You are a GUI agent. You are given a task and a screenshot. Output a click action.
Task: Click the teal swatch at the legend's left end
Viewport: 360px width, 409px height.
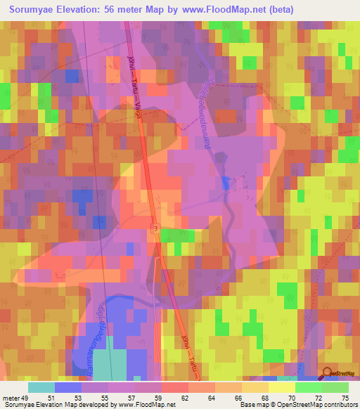41,387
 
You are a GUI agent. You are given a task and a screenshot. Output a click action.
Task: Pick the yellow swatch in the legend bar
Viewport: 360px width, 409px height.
281,387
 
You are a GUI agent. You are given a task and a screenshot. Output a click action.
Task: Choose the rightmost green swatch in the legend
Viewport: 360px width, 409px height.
335,387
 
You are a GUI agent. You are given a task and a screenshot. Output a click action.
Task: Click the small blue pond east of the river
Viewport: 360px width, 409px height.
225,183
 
